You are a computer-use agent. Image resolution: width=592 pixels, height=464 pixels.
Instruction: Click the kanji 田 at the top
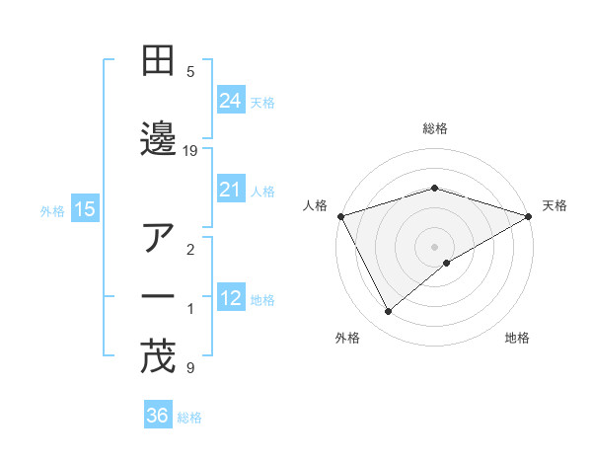tap(159, 61)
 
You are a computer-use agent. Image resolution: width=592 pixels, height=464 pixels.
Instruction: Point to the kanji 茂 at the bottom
tap(159, 357)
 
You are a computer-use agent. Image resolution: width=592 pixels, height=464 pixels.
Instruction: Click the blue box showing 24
tap(231, 100)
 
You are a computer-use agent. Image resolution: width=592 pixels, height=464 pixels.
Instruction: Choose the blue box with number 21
tap(231, 191)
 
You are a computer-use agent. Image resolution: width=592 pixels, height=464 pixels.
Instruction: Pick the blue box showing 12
tap(231, 298)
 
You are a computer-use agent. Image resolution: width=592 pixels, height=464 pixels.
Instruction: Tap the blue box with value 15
tap(85, 209)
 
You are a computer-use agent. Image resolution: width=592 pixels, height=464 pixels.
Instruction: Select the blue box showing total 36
tap(157, 416)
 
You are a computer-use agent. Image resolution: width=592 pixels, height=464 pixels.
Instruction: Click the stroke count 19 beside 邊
tap(190, 150)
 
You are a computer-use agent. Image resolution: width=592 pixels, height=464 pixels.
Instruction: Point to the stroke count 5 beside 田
tap(190, 71)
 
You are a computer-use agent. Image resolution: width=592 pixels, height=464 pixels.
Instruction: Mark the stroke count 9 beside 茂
tap(190, 368)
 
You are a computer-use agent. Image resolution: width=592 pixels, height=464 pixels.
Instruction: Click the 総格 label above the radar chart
tap(435, 128)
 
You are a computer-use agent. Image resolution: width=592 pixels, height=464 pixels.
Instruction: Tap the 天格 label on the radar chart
tap(555, 205)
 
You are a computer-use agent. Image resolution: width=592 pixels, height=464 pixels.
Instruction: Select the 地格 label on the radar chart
tap(517, 339)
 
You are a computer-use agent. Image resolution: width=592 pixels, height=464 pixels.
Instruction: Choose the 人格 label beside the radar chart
tap(315, 205)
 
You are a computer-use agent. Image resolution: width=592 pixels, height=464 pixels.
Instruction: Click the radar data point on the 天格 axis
tap(529, 215)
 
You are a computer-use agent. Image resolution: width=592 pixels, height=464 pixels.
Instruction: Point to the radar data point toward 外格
tap(389, 312)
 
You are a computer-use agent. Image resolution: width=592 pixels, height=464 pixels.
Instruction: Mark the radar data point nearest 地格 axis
tap(447, 263)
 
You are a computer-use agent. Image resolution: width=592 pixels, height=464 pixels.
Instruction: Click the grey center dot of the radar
tap(435, 246)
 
